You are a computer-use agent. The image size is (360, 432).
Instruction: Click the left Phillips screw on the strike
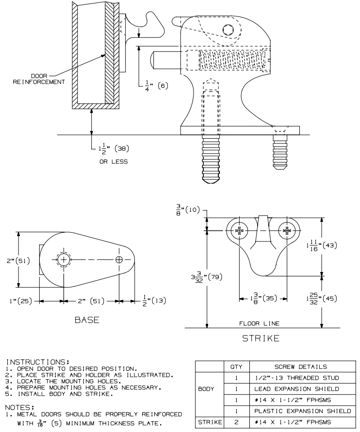239,231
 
